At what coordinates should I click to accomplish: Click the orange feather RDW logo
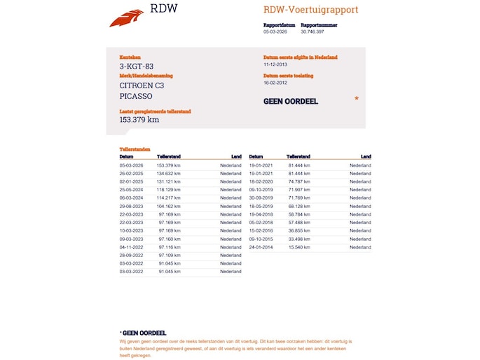pos(126,18)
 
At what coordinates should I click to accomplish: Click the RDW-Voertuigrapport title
pos(310,10)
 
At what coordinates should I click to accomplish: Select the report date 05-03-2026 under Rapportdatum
pos(275,32)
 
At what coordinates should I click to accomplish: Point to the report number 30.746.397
pos(313,32)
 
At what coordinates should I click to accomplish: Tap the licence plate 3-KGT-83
pos(136,67)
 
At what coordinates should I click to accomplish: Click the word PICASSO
pos(135,97)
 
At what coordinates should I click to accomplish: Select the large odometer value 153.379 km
pos(139,120)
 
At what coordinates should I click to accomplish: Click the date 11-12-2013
pos(275,64)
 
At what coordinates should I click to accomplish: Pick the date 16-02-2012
pos(275,83)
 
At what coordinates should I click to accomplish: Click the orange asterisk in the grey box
pos(357,99)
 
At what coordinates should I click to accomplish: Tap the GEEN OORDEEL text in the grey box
pos(290,102)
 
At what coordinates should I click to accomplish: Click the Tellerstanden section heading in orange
pos(135,150)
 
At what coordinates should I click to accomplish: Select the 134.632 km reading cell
pos(169,173)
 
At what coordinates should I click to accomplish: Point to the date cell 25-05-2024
pos(131,190)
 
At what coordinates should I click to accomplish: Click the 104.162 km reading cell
pos(169,207)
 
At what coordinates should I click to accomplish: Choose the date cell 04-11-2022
pos(131,247)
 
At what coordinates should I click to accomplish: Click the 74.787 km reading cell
pos(299,181)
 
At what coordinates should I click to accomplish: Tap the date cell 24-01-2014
pos(261,247)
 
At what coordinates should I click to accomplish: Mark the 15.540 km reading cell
pos(299,247)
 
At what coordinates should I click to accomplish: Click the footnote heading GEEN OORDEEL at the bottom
pos(144,333)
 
